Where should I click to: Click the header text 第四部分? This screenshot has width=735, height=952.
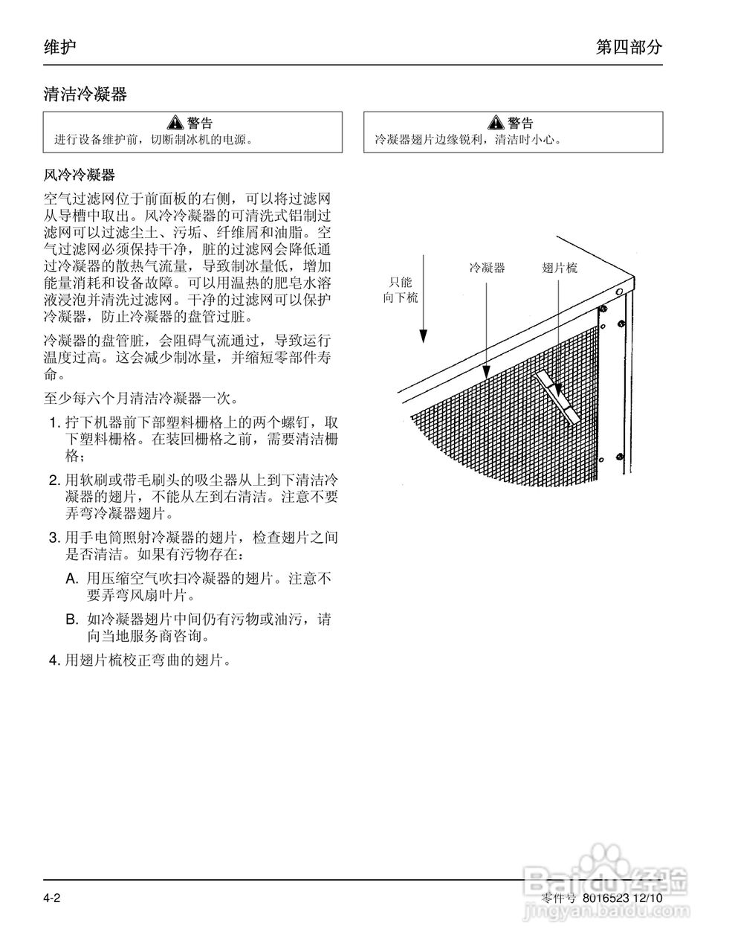[x=628, y=48]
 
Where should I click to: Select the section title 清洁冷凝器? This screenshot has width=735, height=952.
[x=85, y=94]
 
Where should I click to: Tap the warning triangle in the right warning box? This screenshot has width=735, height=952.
[x=496, y=123]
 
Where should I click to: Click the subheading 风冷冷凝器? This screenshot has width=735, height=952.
[x=79, y=176]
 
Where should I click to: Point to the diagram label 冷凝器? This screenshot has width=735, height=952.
[x=487, y=268]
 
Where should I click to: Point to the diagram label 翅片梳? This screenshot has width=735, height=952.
[x=560, y=268]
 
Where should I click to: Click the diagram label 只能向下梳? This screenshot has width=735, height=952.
[x=401, y=289]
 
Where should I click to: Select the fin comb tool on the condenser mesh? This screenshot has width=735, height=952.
[x=557, y=399]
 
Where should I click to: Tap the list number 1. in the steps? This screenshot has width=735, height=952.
[x=54, y=422]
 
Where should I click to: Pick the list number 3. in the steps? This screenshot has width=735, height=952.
[x=54, y=537]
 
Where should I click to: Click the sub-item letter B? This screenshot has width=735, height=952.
[x=71, y=619]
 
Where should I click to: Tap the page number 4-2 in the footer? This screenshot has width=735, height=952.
[x=51, y=898]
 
